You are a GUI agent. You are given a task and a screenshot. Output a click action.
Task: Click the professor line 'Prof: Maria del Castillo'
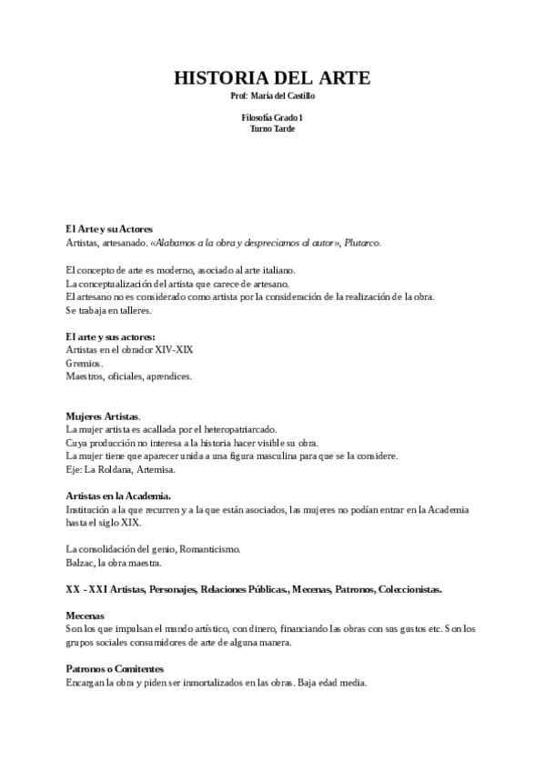point(272,95)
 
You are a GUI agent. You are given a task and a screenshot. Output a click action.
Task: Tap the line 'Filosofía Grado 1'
point(272,118)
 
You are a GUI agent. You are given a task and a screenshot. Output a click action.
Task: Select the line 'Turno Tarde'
point(272,128)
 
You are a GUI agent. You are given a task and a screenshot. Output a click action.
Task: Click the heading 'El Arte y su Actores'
point(109,229)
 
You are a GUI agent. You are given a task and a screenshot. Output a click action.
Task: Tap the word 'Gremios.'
point(85,363)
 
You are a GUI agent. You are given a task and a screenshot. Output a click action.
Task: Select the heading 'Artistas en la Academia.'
point(118,496)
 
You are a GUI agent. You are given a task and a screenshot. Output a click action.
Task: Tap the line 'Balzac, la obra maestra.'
point(114,563)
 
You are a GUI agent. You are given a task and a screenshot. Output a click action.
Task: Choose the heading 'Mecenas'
point(86,616)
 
